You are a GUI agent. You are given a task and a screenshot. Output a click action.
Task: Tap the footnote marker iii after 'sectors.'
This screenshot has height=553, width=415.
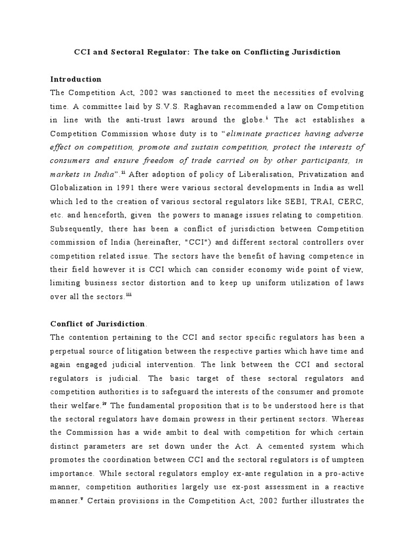pos(129,294)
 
